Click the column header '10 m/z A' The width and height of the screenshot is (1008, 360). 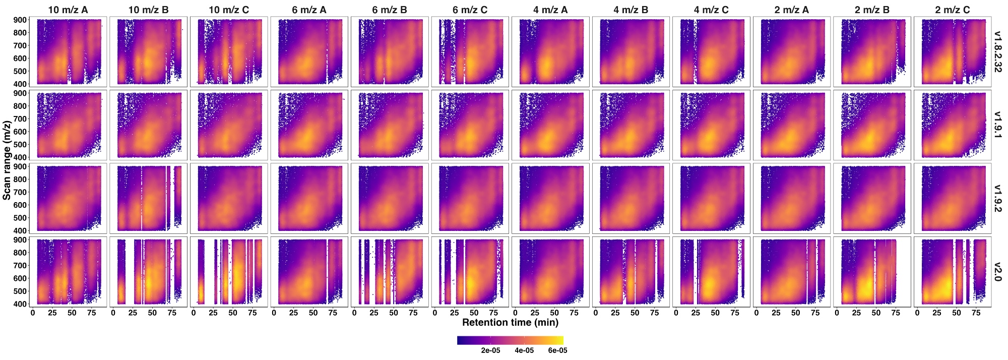point(68,10)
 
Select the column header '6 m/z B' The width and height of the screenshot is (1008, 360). point(390,10)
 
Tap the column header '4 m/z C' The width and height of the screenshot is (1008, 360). point(711,10)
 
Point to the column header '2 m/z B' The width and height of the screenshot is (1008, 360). point(872,10)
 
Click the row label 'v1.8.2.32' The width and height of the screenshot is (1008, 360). point(997,51)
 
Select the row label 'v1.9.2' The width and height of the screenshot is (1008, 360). point(997,198)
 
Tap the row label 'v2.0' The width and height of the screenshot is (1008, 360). point(997,271)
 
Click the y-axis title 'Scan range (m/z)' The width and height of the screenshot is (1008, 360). point(7,160)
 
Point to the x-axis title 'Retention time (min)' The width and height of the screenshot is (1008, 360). point(510,322)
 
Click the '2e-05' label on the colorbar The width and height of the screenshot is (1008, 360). point(490,350)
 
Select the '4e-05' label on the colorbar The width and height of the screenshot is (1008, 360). point(524,350)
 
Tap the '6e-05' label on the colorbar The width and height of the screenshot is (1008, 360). point(557,350)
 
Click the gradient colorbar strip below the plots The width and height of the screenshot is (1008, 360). point(510,340)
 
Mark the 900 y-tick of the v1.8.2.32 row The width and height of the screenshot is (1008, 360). point(20,20)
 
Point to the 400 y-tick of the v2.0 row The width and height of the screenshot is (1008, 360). point(20,304)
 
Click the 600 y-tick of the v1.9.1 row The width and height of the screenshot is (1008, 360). point(20,132)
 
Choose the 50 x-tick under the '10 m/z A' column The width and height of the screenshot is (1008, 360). point(72,313)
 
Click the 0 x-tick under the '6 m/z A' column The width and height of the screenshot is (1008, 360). point(274,313)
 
